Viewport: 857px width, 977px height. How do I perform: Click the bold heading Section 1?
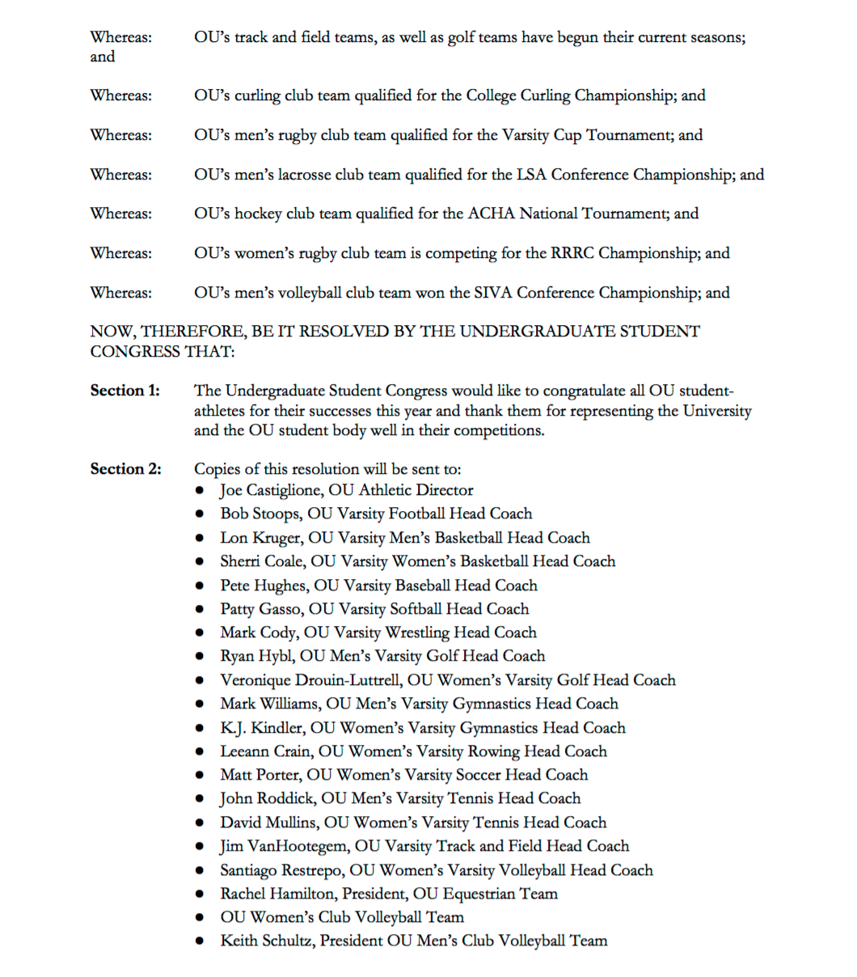125,391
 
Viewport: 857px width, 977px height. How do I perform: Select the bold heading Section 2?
125,470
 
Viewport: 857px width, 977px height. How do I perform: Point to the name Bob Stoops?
258,514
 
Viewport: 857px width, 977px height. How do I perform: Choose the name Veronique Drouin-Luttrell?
310,681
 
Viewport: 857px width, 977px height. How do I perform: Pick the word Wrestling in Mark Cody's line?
423,633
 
